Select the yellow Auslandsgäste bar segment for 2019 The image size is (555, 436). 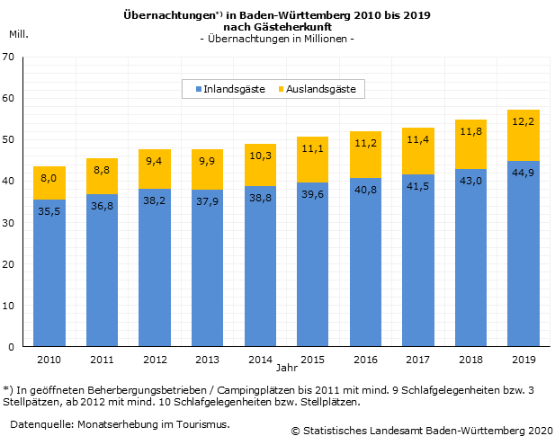click(524, 135)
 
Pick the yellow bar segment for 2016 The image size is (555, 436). click(365, 155)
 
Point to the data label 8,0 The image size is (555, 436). click(49, 180)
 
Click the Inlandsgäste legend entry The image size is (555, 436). click(228, 89)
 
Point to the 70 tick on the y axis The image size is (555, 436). click(9, 57)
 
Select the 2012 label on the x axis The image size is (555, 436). click(155, 359)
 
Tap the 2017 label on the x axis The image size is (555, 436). click(417, 359)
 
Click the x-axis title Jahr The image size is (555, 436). click(285, 369)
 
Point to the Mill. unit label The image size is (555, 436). click(18, 33)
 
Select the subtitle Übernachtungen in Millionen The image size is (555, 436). click(277, 39)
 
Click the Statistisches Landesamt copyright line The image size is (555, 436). click(420, 432)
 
